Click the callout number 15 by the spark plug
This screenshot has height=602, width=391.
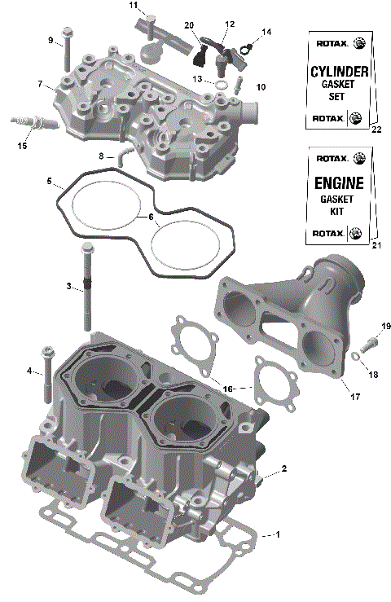tap(21, 146)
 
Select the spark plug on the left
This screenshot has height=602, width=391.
tap(33, 124)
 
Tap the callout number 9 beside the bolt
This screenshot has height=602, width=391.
tap(50, 40)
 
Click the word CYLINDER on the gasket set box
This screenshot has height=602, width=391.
tap(339, 72)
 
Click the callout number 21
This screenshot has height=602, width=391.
tap(376, 245)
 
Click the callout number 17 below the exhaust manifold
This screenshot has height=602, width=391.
tap(355, 397)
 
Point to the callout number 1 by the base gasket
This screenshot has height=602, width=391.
tap(278, 534)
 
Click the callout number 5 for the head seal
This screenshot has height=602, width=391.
tap(50, 180)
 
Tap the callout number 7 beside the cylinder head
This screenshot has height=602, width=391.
tap(39, 84)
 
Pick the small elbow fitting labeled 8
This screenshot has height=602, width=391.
tap(122, 154)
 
